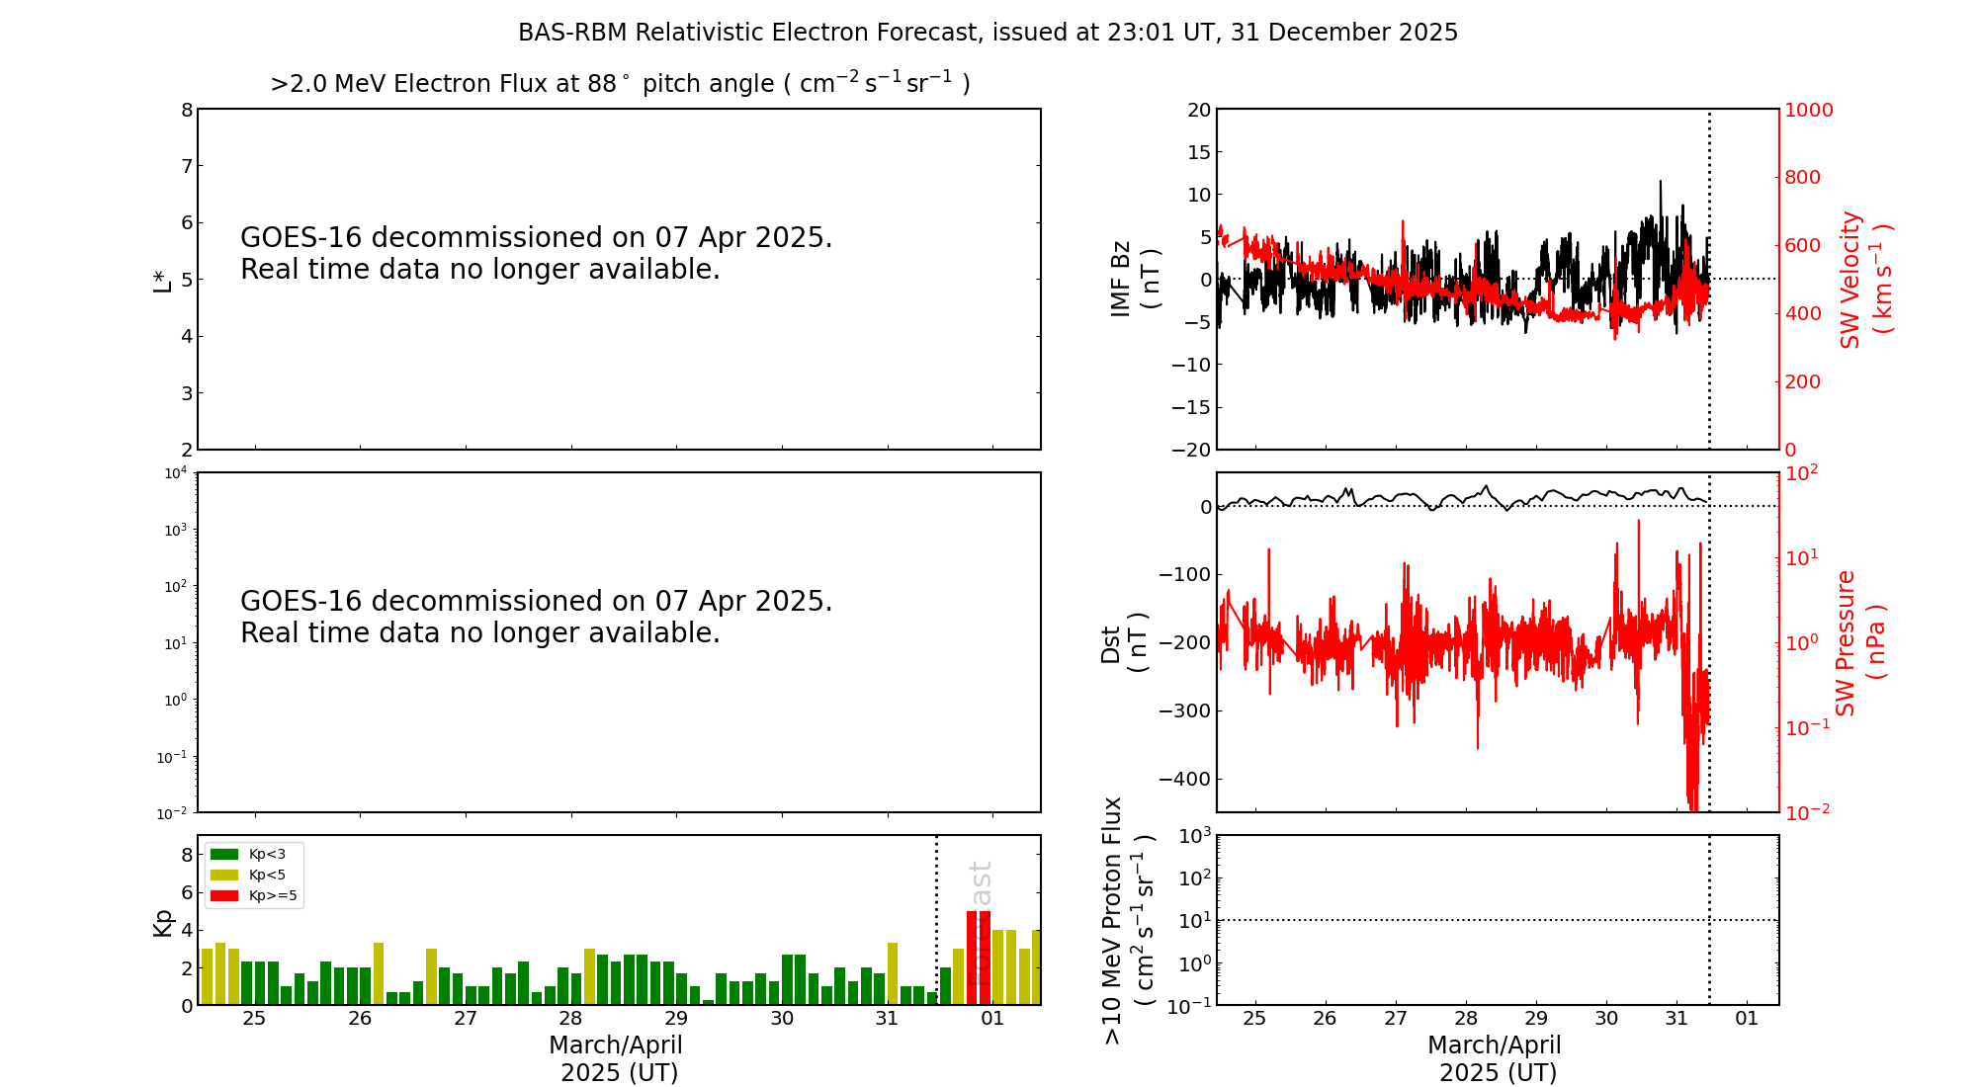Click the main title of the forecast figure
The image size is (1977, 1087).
(988, 33)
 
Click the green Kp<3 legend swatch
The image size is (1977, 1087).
(224, 854)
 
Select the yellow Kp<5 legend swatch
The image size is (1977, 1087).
(224, 875)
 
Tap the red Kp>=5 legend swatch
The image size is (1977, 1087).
(224, 896)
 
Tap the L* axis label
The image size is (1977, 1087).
(162, 280)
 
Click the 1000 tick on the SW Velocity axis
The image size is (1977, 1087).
(1808, 110)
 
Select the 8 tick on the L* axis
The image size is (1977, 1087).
(186, 110)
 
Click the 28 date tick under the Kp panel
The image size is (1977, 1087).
(570, 1019)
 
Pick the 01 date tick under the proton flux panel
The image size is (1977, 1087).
(1747, 1019)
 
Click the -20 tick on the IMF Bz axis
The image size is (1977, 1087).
(1190, 450)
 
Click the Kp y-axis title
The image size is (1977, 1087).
(162, 922)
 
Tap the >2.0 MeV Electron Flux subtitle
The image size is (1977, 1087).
(620, 84)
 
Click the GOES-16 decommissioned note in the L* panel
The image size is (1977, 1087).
(537, 253)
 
